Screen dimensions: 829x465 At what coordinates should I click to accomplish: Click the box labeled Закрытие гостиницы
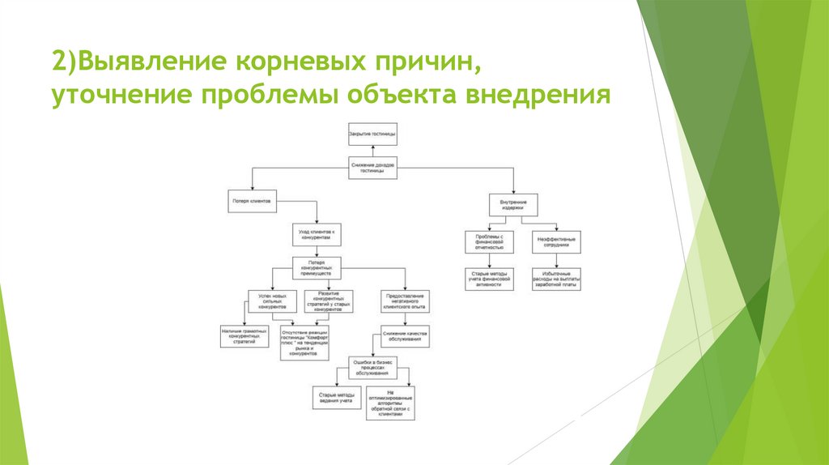click(372, 133)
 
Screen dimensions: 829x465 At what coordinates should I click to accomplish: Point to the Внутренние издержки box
click(513, 204)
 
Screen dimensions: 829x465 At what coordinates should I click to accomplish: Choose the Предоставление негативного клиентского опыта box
click(404, 301)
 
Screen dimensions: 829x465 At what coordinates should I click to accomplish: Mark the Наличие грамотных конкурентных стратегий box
click(244, 336)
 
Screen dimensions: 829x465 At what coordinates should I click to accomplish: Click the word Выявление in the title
click(152, 62)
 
